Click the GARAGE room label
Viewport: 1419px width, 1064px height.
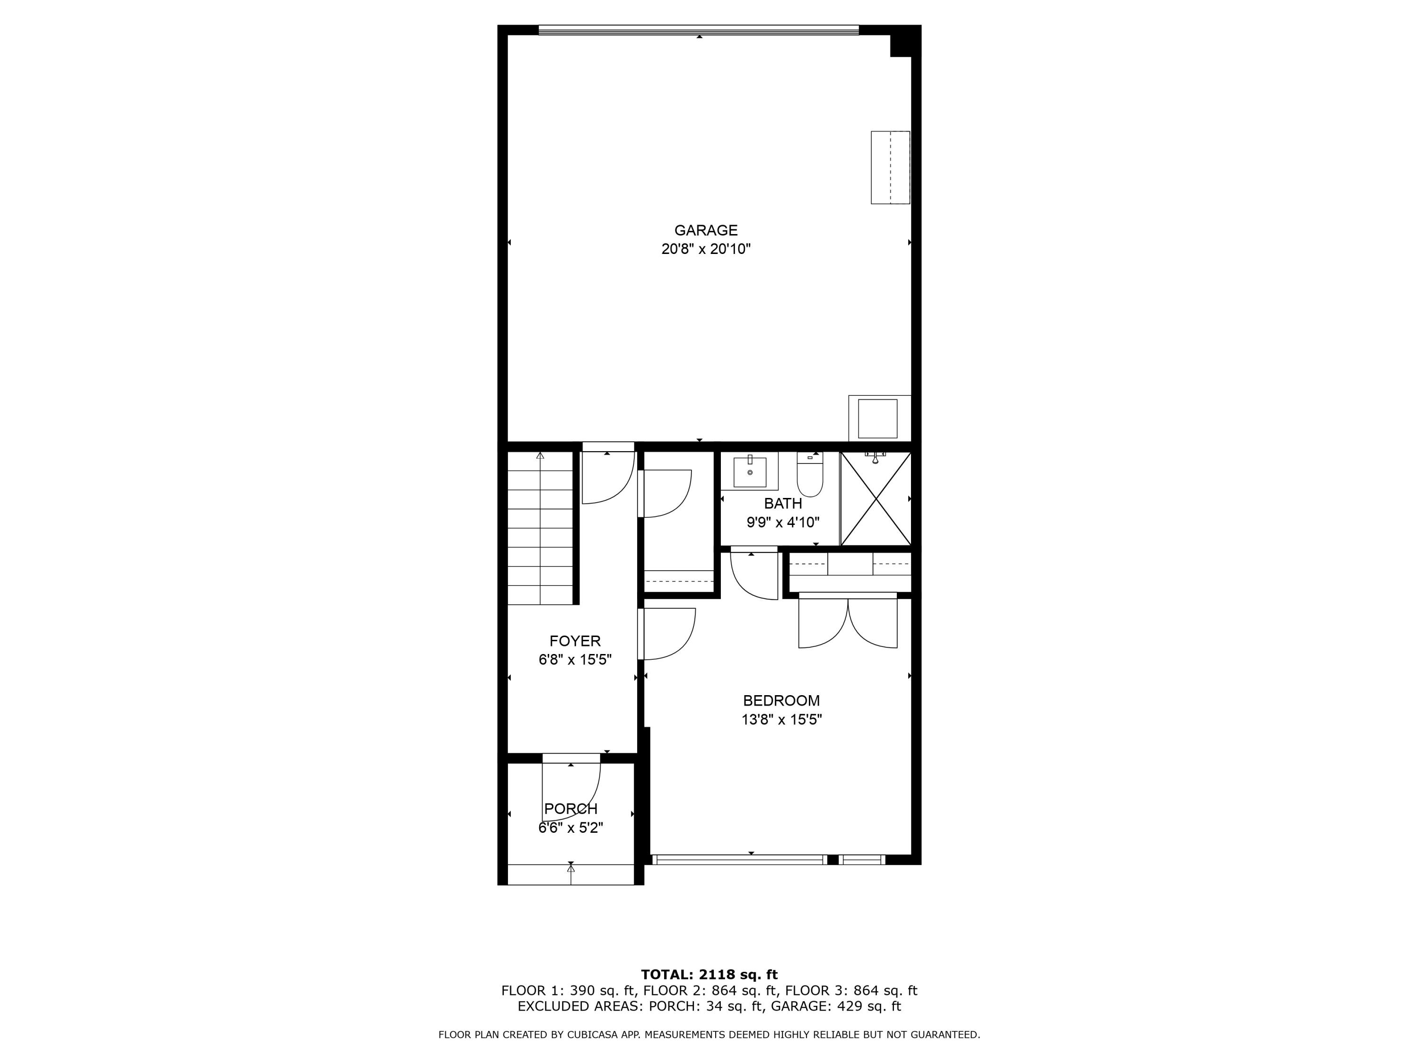pyautogui.click(x=706, y=230)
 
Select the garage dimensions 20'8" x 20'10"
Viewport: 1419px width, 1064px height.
pyautogui.click(x=706, y=249)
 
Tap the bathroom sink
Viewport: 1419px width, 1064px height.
pyautogui.click(x=749, y=472)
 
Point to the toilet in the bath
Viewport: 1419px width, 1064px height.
pyautogui.click(x=810, y=475)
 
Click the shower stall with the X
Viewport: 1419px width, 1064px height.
pyautogui.click(x=876, y=499)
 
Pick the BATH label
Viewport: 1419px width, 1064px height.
pyautogui.click(x=783, y=504)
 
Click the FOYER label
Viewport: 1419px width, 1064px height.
pyautogui.click(x=575, y=641)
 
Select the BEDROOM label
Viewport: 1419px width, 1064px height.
pyautogui.click(x=781, y=700)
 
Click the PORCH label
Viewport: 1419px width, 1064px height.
pyautogui.click(x=570, y=809)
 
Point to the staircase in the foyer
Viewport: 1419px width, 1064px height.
pyautogui.click(x=540, y=528)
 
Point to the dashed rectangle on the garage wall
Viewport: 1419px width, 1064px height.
pyautogui.click(x=890, y=167)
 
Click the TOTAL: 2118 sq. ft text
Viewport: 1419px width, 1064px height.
pyautogui.click(x=709, y=975)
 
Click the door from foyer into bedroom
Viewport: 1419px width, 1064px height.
pyautogui.click(x=667, y=634)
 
